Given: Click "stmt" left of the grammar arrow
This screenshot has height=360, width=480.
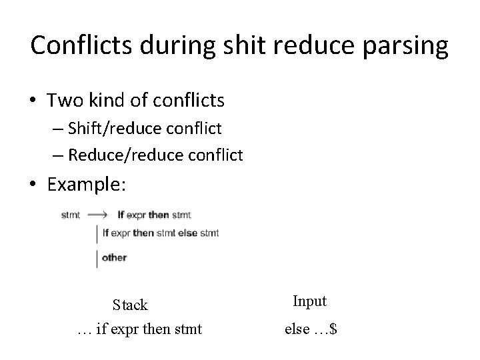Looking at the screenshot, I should tap(71, 215).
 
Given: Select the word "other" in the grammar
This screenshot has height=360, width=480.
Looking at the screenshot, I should tap(115, 257).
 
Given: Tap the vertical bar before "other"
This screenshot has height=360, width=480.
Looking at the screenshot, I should tap(98, 257).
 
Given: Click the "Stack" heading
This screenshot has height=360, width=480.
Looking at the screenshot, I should tap(130, 305).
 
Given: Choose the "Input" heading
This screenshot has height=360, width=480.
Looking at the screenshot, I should tap(309, 301).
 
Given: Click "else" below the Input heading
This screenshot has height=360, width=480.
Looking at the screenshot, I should tap(296, 329).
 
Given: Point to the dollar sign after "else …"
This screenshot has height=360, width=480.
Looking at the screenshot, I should tap(333, 329).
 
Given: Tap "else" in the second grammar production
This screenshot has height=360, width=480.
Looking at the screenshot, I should tap(187, 233).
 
